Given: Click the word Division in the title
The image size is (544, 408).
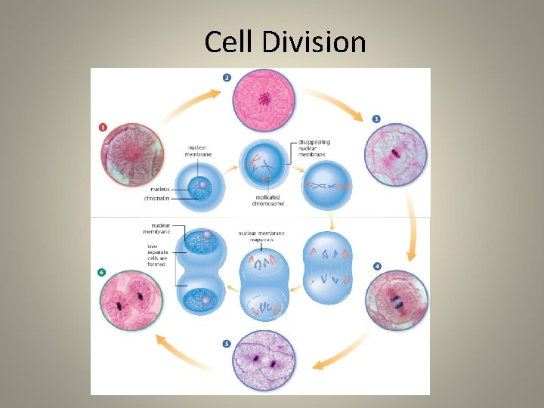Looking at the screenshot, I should (x=315, y=42).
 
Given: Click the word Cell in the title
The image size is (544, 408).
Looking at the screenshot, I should (x=230, y=42).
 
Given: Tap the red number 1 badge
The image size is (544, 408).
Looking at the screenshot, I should (x=103, y=127).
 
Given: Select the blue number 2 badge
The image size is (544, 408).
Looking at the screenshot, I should (x=227, y=77).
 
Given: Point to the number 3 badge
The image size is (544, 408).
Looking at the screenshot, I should (x=376, y=119).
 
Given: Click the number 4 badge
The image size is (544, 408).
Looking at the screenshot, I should (x=377, y=266).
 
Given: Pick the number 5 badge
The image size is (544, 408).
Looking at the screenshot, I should (x=227, y=344).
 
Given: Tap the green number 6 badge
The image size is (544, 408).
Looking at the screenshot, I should (x=102, y=272).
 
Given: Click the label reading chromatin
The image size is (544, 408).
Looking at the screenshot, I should (x=157, y=199).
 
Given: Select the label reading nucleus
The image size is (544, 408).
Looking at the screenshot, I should (x=159, y=189).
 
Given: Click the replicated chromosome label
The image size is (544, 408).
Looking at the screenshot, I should (x=268, y=202).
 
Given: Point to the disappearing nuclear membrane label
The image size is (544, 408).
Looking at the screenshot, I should (x=314, y=147).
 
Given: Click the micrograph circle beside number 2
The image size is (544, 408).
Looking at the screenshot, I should (x=265, y=100).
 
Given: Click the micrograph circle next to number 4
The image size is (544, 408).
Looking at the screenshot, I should (x=397, y=301).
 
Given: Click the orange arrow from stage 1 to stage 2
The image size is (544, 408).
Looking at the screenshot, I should (x=188, y=106).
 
